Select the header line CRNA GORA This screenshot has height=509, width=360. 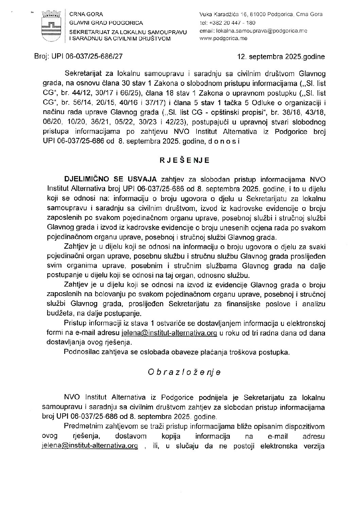(81, 14)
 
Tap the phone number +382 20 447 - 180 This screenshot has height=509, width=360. (233, 23)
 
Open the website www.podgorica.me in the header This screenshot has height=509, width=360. (224, 38)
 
